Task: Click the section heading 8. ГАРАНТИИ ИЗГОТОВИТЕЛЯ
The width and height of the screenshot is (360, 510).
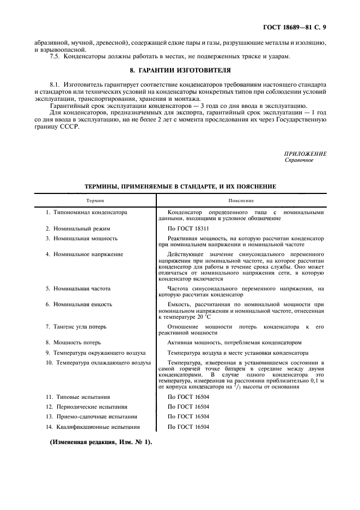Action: pos(180,70)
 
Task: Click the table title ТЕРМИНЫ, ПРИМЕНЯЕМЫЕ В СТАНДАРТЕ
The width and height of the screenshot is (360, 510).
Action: pos(180,186)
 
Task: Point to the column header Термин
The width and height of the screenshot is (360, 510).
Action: pos(95,201)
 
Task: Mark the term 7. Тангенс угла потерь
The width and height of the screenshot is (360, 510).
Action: pos(76,326)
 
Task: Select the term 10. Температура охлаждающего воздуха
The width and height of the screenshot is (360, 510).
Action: pos(98,362)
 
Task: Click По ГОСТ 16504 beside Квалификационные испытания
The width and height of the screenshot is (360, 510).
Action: pos(188,427)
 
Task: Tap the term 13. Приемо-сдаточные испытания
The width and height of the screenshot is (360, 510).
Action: pos(89,417)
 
